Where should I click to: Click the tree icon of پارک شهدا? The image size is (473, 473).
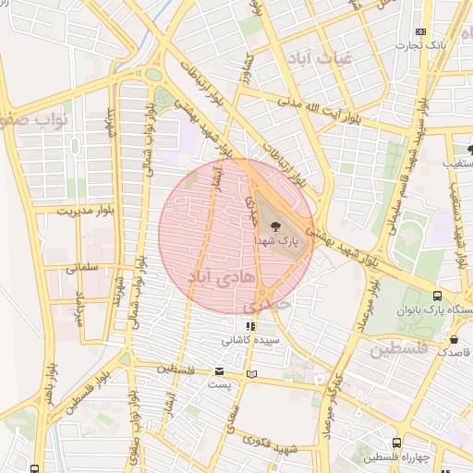tap(274, 224)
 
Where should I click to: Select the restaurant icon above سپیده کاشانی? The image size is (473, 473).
tap(249, 326)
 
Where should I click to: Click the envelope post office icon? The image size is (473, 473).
tap(219, 371)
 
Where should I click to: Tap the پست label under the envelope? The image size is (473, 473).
tap(218, 384)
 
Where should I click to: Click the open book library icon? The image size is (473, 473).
tap(252, 375)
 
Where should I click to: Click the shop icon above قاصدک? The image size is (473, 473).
tap(454, 338)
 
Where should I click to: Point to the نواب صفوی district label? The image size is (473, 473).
tap(37, 120)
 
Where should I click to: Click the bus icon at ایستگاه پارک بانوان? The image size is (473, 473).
tap(437, 297)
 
